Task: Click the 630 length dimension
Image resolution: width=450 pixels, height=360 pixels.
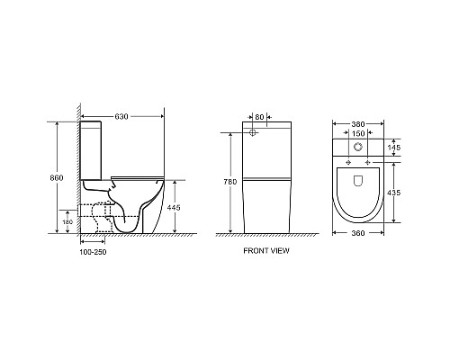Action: (x=121, y=116)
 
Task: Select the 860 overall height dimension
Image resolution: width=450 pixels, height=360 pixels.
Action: (x=57, y=178)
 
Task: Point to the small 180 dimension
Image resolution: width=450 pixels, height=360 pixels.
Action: (x=67, y=221)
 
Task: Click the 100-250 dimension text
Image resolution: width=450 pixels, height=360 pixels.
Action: (x=94, y=251)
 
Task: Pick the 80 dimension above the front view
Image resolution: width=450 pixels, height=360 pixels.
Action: (x=259, y=116)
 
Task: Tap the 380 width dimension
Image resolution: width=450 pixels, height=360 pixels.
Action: (x=359, y=124)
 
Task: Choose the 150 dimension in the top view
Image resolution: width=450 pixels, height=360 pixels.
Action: (x=359, y=137)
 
